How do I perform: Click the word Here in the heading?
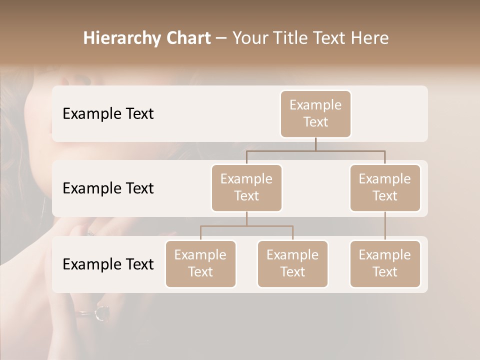370,38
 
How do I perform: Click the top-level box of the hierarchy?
315,113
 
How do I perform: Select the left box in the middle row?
246,187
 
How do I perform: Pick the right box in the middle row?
385,187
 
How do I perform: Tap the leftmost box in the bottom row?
200,263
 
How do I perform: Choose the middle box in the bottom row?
292,263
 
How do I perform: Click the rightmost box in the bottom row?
385,263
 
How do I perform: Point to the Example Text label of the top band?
108,114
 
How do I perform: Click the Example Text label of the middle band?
108,188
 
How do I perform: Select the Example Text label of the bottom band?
108,264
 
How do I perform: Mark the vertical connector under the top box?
315,144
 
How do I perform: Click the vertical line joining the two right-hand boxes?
385,226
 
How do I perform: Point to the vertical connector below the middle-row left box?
246,219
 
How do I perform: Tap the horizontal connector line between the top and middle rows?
315,150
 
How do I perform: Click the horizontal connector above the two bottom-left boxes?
246,226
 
